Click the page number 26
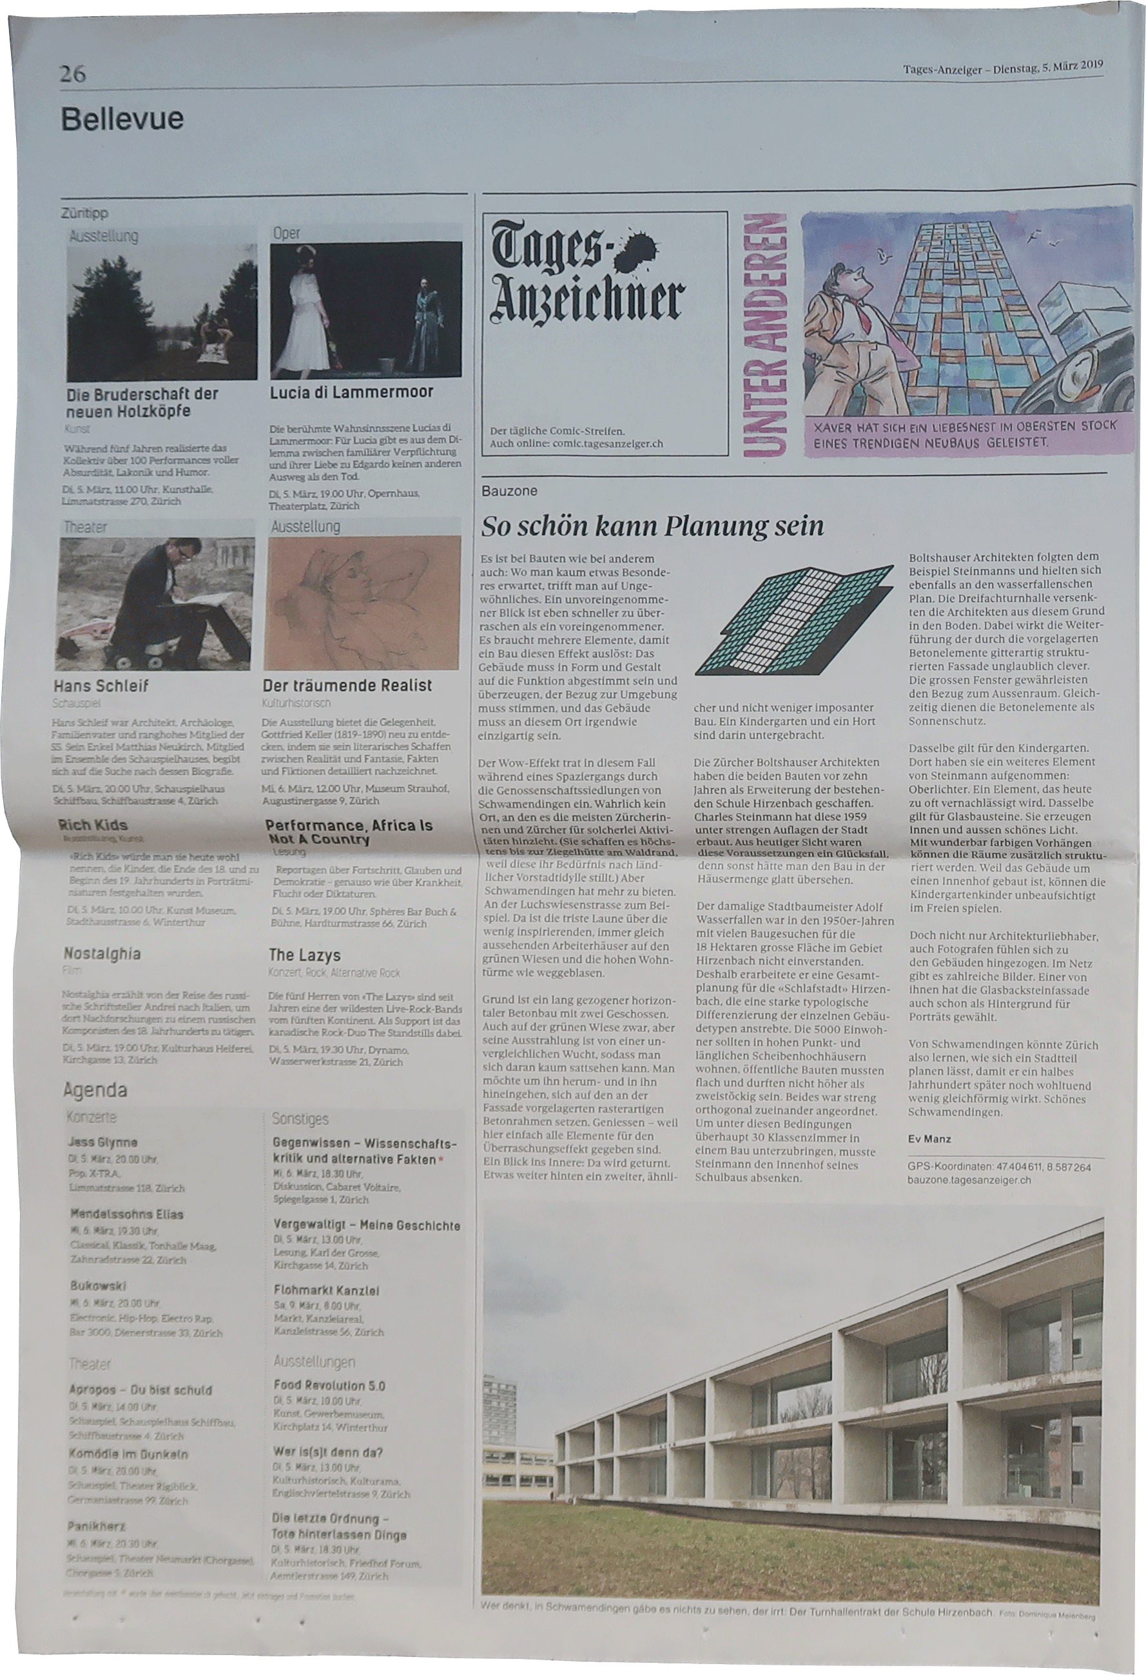pos(73,74)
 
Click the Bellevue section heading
pos(122,119)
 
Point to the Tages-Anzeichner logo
pos(585,282)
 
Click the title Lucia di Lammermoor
pos(352,392)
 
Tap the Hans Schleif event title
pos(101,686)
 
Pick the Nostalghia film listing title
pos(102,954)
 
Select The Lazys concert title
pos(304,956)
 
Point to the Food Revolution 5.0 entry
pos(329,1385)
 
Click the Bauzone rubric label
pos(509,492)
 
